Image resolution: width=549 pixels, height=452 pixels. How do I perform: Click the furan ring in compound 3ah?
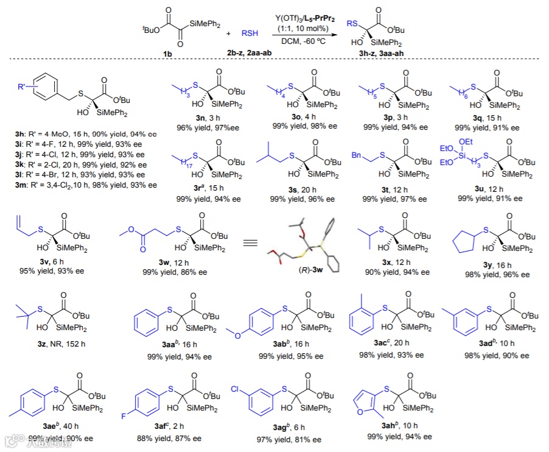click(x=369, y=400)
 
